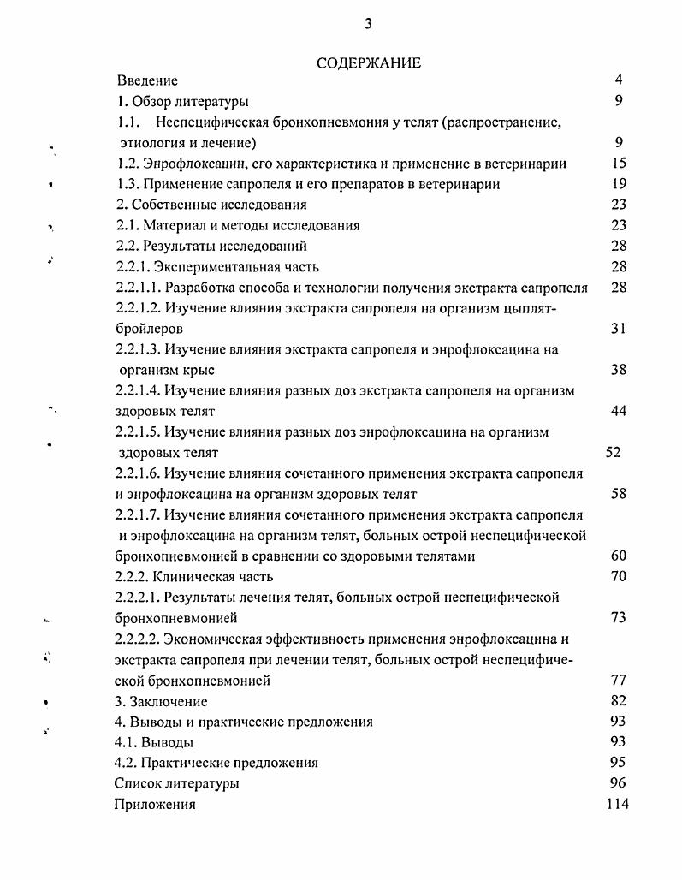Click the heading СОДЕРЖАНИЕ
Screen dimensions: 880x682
click(x=368, y=62)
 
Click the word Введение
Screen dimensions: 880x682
click(x=147, y=80)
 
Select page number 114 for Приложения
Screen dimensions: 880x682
click(x=617, y=805)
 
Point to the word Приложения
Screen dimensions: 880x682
click(x=155, y=805)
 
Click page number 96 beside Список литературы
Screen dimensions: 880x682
click(x=619, y=783)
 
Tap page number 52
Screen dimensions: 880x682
click(x=613, y=453)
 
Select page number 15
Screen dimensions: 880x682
click(x=620, y=164)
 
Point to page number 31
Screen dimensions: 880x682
click(x=619, y=329)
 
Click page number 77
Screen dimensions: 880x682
click(x=619, y=681)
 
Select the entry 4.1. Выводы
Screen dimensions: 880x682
click(x=154, y=742)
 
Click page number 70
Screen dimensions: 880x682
click(x=619, y=577)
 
